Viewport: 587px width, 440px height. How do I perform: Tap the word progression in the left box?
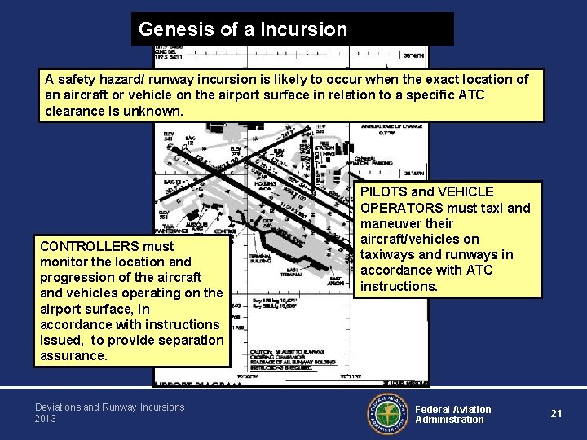point(75,277)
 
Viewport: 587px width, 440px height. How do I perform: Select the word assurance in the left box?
point(72,356)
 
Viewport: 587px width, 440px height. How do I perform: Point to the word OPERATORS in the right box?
point(401,208)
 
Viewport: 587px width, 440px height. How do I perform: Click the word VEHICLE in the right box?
point(465,191)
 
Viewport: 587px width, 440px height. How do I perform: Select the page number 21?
point(556,413)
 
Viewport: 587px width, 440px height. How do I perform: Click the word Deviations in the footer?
point(57,407)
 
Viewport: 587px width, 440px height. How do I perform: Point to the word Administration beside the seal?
point(449,420)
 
